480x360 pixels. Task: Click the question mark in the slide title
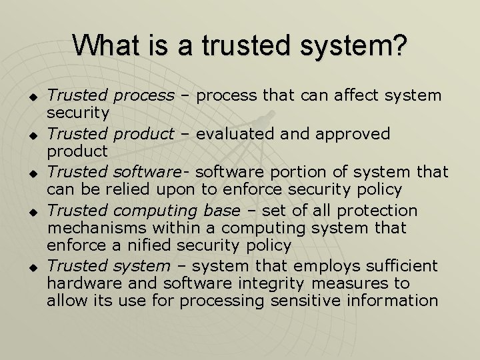point(398,45)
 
